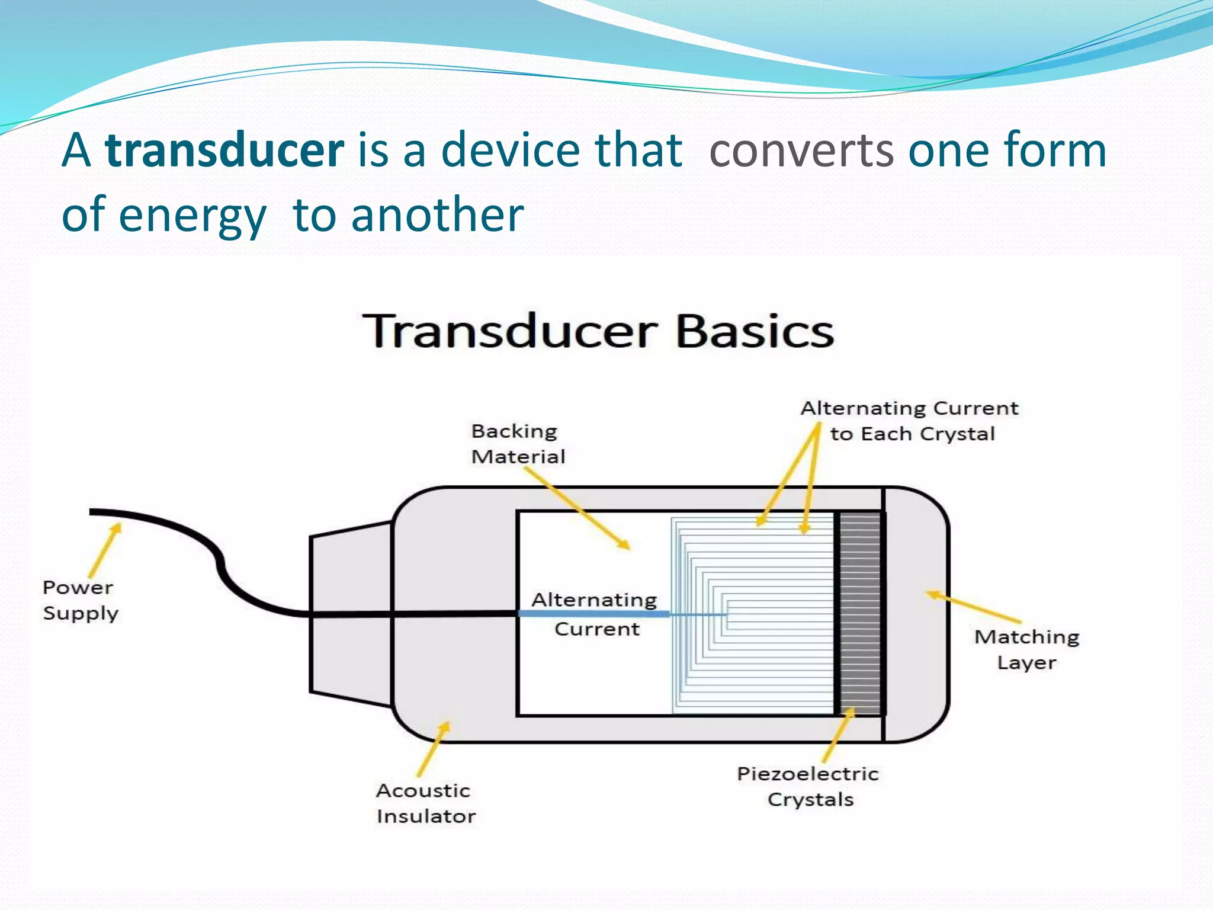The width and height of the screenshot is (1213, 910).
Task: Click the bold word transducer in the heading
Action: point(224,150)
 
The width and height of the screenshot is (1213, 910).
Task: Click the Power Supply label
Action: point(80,600)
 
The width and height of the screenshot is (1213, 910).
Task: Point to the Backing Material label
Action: point(517,444)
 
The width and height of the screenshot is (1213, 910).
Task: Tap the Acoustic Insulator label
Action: point(425,803)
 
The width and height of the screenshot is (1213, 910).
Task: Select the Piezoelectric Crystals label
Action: point(808,786)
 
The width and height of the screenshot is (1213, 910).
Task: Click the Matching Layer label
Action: point(1026,649)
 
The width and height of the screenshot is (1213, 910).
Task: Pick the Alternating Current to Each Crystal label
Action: point(910,421)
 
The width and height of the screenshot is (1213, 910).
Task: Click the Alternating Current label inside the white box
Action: point(595,614)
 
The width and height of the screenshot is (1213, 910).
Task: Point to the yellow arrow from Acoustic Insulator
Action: point(433,749)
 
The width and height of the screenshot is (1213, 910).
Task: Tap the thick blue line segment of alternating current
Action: point(592,614)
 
